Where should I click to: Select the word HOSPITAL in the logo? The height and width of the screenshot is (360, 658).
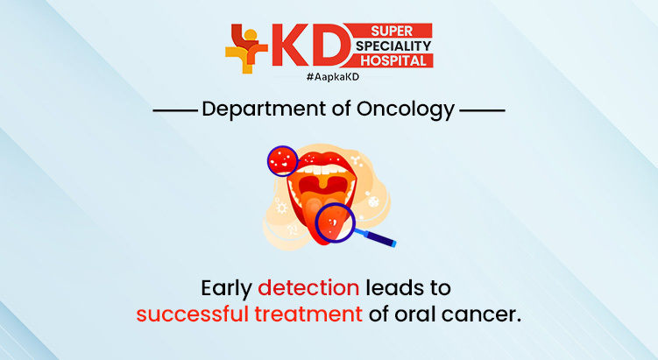pyautogui.click(x=393, y=60)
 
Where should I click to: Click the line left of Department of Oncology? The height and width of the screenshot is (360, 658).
pyautogui.click(x=174, y=111)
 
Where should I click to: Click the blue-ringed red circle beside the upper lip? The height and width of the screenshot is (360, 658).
pyautogui.click(x=282, y=160)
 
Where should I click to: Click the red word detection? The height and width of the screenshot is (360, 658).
pyautogui.click(x=308, y=286)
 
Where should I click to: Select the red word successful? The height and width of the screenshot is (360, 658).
pyautogui.click(x=192, y=314)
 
